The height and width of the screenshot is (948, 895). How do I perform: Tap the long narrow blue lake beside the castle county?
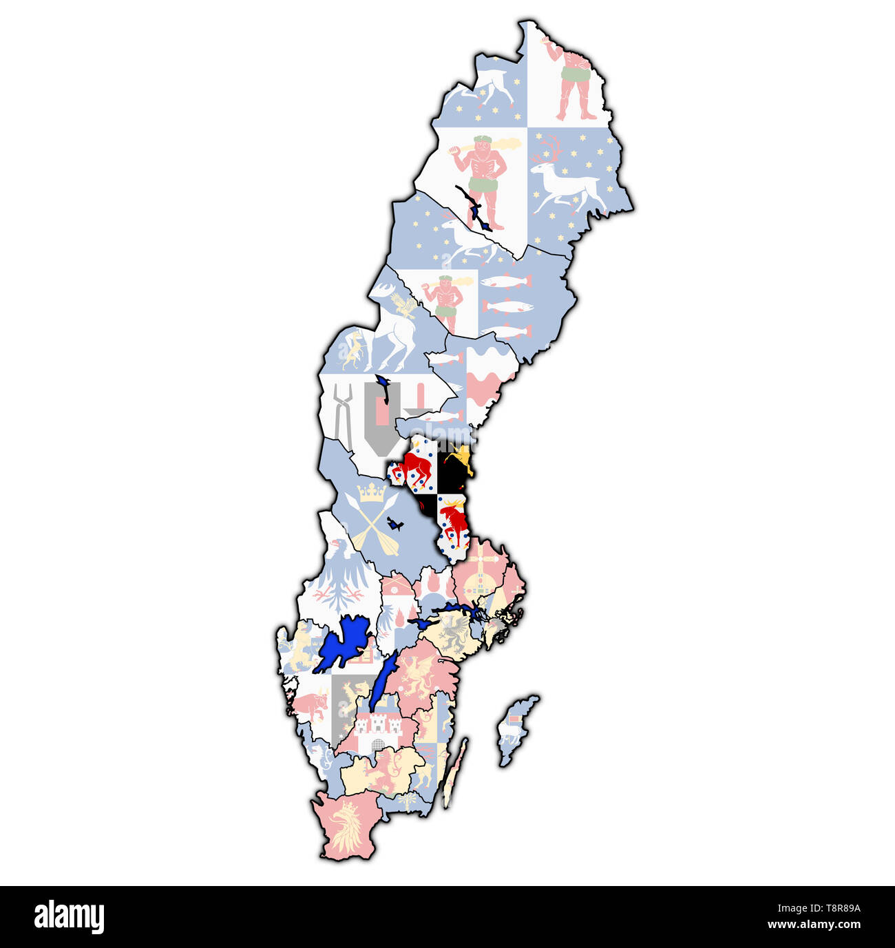382,682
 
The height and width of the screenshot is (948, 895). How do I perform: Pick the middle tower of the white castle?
377,722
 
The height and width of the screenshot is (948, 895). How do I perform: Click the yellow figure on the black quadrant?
459,459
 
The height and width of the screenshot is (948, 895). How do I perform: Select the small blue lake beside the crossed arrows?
394,524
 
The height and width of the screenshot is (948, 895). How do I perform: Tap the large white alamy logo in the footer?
69,917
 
